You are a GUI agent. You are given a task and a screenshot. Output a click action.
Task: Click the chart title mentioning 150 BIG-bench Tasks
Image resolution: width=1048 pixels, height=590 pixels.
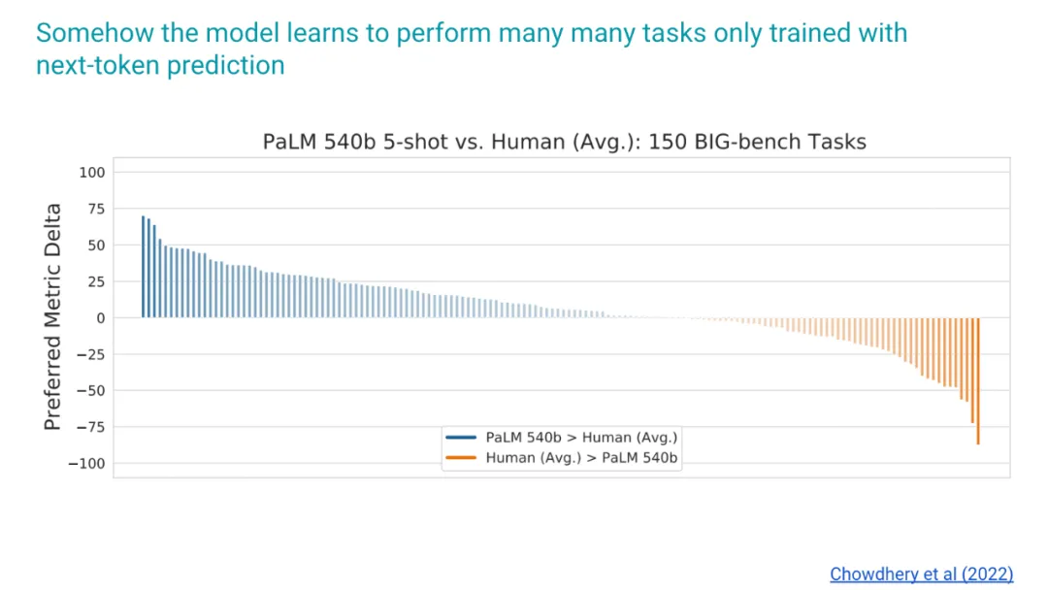tap(564, 142)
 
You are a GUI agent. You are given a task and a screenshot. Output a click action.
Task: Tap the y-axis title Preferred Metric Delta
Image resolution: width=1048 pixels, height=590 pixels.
tap(53, 316)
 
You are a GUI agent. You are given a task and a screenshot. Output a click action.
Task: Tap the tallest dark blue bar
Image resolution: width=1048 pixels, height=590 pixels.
tap(143, 267)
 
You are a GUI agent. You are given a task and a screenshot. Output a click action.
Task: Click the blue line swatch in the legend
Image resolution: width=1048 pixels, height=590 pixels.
tap(461, 439)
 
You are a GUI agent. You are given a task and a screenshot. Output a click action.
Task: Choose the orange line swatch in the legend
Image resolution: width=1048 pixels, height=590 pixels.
tap(461, 458)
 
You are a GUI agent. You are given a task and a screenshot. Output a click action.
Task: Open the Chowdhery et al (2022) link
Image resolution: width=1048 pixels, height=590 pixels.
tap(922, 574)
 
